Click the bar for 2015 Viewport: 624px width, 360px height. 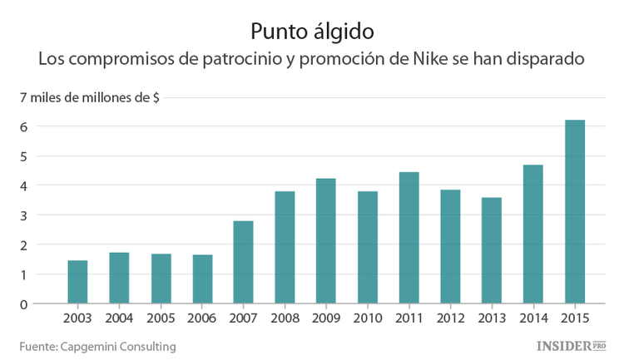(x=575, y=212)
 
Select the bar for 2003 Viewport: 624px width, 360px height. (x=77, y=282)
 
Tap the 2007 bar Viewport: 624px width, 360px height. (x=243, y=262)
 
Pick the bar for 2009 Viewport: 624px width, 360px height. (x=326, y=241)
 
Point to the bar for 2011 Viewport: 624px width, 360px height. (x=409, y=238)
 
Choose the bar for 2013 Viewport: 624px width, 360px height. (x=492, y=250)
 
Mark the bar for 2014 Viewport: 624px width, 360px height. (x=533, y=234)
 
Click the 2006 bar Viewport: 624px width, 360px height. (x=202, y=279)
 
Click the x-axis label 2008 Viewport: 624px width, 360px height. (x=285, y=318)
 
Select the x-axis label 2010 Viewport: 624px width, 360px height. (x=368, y=318)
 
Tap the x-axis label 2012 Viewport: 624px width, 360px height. (x=450, y=318)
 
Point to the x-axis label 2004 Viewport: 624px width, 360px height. (x=119, y=318)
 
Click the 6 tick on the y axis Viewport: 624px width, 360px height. (x=25, y=126)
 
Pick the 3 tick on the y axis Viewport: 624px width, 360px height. (x=25, y=215)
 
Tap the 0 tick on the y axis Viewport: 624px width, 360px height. (x=25, y=304)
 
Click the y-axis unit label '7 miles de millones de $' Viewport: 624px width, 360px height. (x=90, y=97)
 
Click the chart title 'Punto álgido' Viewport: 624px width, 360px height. (x=312, y=32)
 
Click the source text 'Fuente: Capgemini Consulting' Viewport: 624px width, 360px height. (x=98, y=345)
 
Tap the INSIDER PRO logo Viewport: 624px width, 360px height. (x=569, y=344)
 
